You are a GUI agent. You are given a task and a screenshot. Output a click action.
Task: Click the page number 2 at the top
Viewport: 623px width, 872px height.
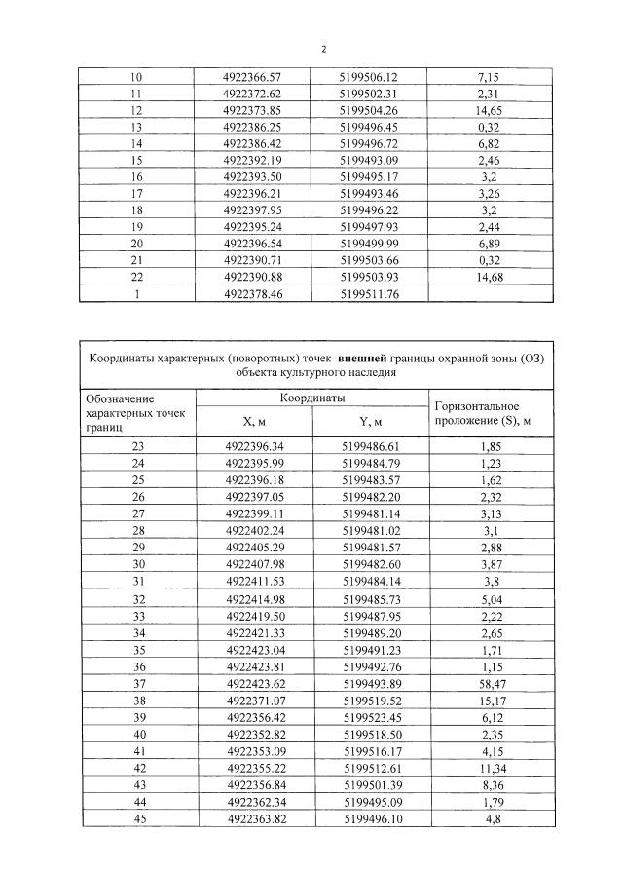pos(324,47)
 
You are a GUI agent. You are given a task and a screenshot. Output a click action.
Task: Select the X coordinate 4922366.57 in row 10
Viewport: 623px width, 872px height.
pos(252,76)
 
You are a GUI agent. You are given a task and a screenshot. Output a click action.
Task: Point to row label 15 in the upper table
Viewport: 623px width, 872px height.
pos(136,160)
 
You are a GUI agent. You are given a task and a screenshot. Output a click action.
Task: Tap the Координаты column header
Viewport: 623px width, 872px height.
pos(312,398)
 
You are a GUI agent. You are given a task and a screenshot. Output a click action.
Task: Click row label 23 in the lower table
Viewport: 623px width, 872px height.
pos(136,445)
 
